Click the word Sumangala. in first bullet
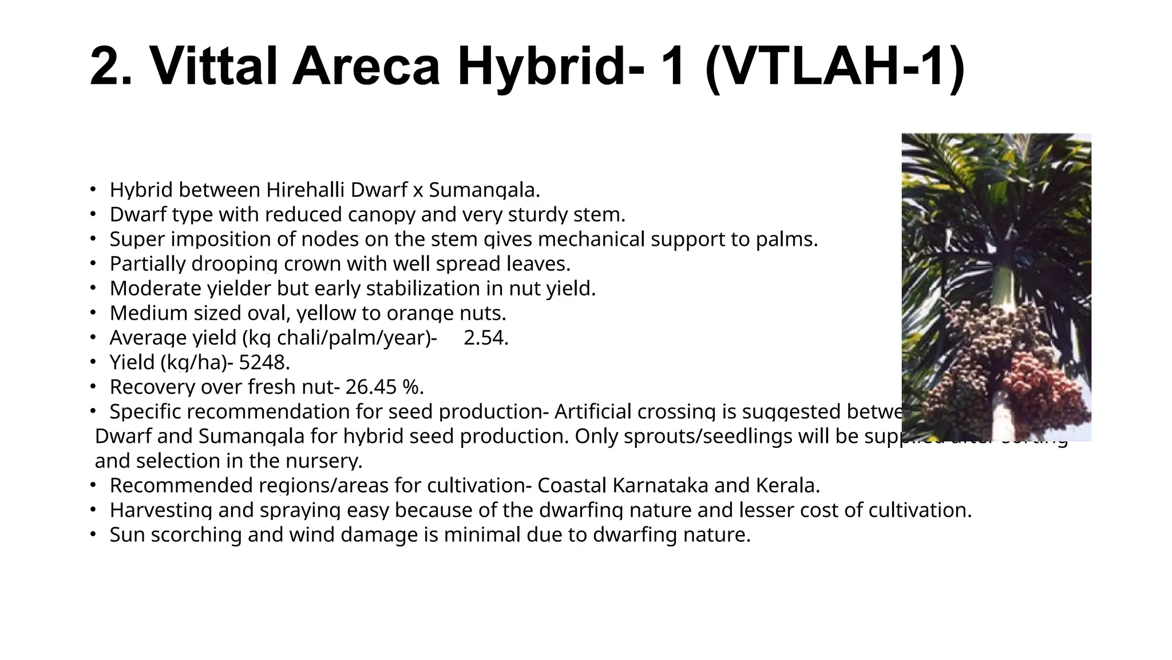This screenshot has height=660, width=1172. tap(484, 190)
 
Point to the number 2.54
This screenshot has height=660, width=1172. tap(485, 338)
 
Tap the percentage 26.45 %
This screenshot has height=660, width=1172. tap(384, 387)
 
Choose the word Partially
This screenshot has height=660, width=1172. tap(147, 264)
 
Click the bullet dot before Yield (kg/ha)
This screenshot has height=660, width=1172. tap(92, 362)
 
